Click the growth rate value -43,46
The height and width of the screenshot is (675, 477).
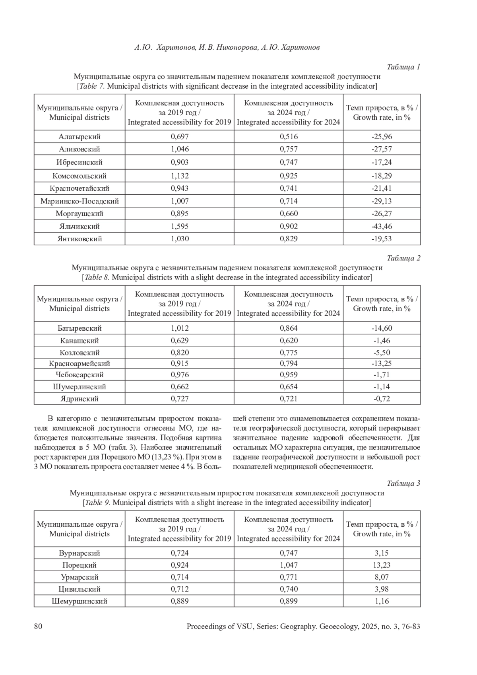(x=382, y=226)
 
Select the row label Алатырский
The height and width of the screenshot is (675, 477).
(x=79, y=137)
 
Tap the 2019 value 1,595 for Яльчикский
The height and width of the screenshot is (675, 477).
(x=180, y=226)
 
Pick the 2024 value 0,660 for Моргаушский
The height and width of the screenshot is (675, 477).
(x=289, y=213)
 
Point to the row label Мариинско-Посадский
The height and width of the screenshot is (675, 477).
(x=79, y=201)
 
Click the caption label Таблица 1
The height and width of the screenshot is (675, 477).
(x=403, y=67)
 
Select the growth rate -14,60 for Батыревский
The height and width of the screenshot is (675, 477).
(x=382, y=328)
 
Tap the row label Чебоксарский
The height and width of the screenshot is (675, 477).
(x=79, y=374)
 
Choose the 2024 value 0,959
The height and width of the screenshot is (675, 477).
(x=289, y=374)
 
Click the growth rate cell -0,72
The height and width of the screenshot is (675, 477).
(x=382, y=399)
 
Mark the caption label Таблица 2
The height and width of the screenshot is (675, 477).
(x=403, y=258)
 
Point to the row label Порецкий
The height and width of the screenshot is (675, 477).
(x=79, y=565)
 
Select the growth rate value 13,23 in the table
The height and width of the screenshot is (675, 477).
(x=382, y=565)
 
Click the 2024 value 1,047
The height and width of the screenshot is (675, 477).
(x=289, y=565)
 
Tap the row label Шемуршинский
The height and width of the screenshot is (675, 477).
(x=79, y=601)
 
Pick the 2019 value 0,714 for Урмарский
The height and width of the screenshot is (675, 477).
(x=180, y=577)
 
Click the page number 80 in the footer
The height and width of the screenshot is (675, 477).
(x=38, y=627)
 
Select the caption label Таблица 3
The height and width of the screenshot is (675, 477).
(x=403, y=483)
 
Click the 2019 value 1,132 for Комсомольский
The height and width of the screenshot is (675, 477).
(x=180, y=176)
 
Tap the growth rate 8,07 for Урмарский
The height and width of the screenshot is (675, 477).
(x=382, y=577)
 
